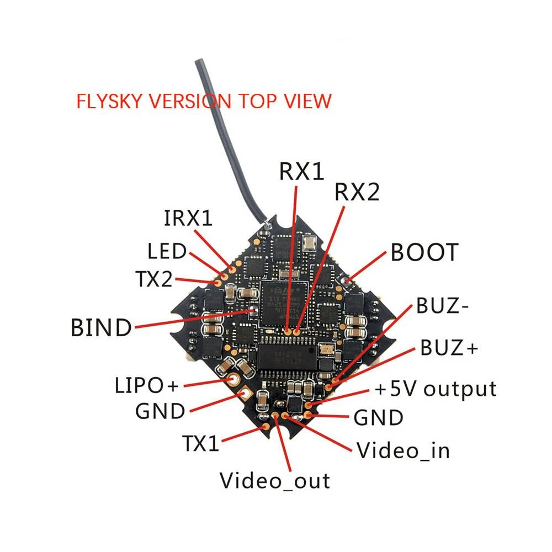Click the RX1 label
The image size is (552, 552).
click(x=301, y=172)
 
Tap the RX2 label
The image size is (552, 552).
click(x=357, y=193)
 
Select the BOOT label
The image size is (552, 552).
click(x=424, y=252)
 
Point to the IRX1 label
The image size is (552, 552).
click(x=188, y=219)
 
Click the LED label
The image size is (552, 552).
click(x=167, y=252)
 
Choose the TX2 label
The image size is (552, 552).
click(x=154, y=280)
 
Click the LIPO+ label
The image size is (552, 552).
click(x=147, y=385)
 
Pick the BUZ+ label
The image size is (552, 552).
click(x=449, y=348)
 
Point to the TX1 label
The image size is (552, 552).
click(x=201, y=443)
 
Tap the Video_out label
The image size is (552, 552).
click(x=275, y=480)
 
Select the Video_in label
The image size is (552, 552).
click(x=403, y=450)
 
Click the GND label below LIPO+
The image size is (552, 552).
click(x=160, y=411)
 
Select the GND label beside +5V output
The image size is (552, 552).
click(x=378, y=418)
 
